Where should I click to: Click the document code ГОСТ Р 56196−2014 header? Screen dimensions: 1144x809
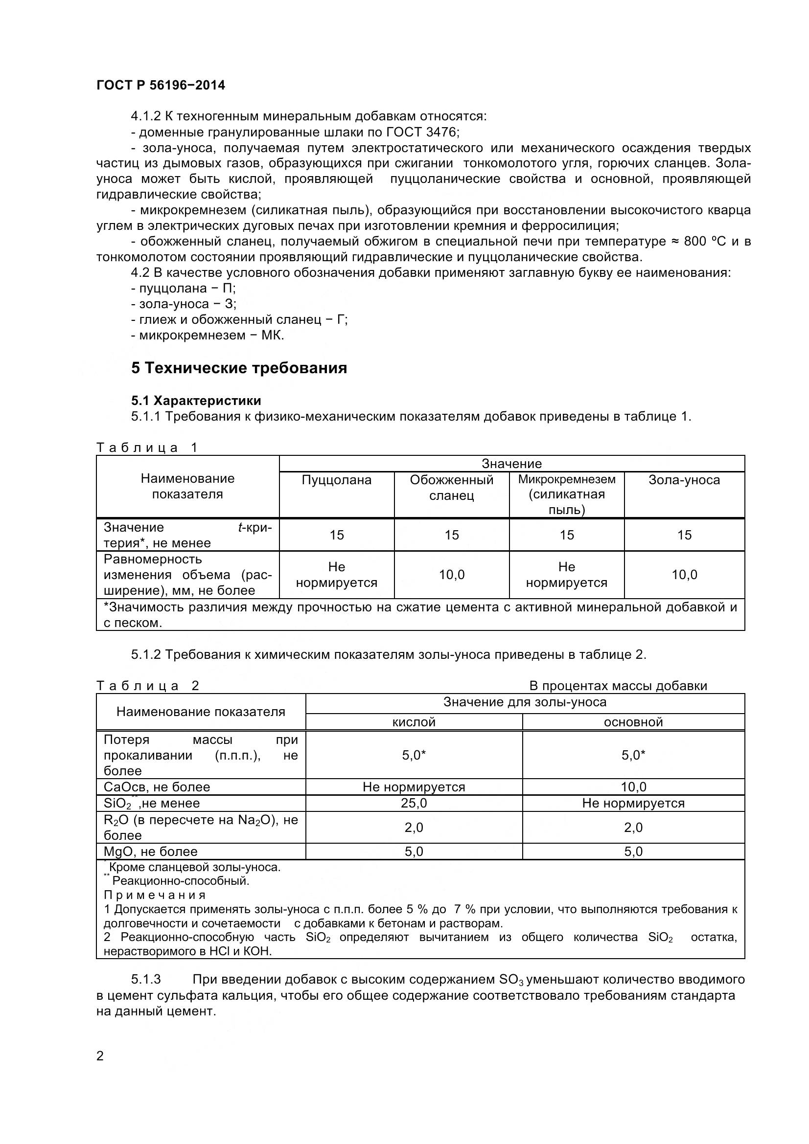pyautogui.click(x=161, y=85)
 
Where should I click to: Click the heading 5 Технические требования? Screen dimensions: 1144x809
pyautogui.click(x=239, y=368)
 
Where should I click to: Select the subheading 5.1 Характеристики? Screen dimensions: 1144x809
pyautogui.click(x=196, y=401)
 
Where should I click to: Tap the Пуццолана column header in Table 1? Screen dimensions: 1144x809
pyautogui.click(x=336, y=480)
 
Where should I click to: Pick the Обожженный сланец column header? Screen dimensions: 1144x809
pyautogui.click(x=451, y=487)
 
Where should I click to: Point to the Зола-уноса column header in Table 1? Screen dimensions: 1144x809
pyautogui.click(x=684, y=480)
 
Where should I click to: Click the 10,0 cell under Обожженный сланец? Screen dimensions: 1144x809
pyautogui.click(x=451, y=575)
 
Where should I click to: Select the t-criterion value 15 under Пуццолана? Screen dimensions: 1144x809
pyautogui.click(x=336, y=535)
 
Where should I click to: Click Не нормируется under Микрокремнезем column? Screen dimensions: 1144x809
pyautogui.click(x=566, y=575)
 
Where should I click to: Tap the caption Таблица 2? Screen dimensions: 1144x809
pyautogui.click(x=147, y=686)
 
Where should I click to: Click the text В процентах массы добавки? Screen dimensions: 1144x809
pyautogui.click(x=618, y=686)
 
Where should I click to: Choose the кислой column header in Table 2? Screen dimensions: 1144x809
pyautogui.click(x=414, y=722)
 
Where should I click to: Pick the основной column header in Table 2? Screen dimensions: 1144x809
pyautogui.click(x=633, y=722)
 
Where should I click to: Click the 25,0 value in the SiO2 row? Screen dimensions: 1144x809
pyautogui.click(x=414, y=803)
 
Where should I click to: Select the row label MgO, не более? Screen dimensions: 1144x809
pyautogui.click(x=151, y=851)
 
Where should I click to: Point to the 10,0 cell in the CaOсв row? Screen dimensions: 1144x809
pyautogui.click(x=633, y=787)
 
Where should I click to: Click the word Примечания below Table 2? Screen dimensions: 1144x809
pyautogui.click(x=155, y=895)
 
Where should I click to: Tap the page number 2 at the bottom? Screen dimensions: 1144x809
pyautogui.click(x=100, y=1056)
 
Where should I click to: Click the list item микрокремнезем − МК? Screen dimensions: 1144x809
pyautogui.click(x=208, y=335)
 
